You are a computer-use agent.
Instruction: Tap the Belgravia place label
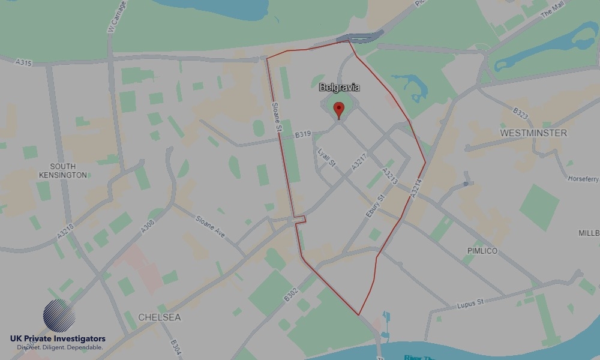(340, 88)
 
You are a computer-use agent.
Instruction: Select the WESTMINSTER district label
(533, 133)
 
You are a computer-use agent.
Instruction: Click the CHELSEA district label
(159, 317)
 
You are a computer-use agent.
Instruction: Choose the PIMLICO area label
(482, 251)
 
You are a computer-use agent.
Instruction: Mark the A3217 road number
(359, 163)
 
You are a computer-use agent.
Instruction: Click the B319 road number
(303, 136)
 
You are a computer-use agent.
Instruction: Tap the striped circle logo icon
(59, 316)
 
